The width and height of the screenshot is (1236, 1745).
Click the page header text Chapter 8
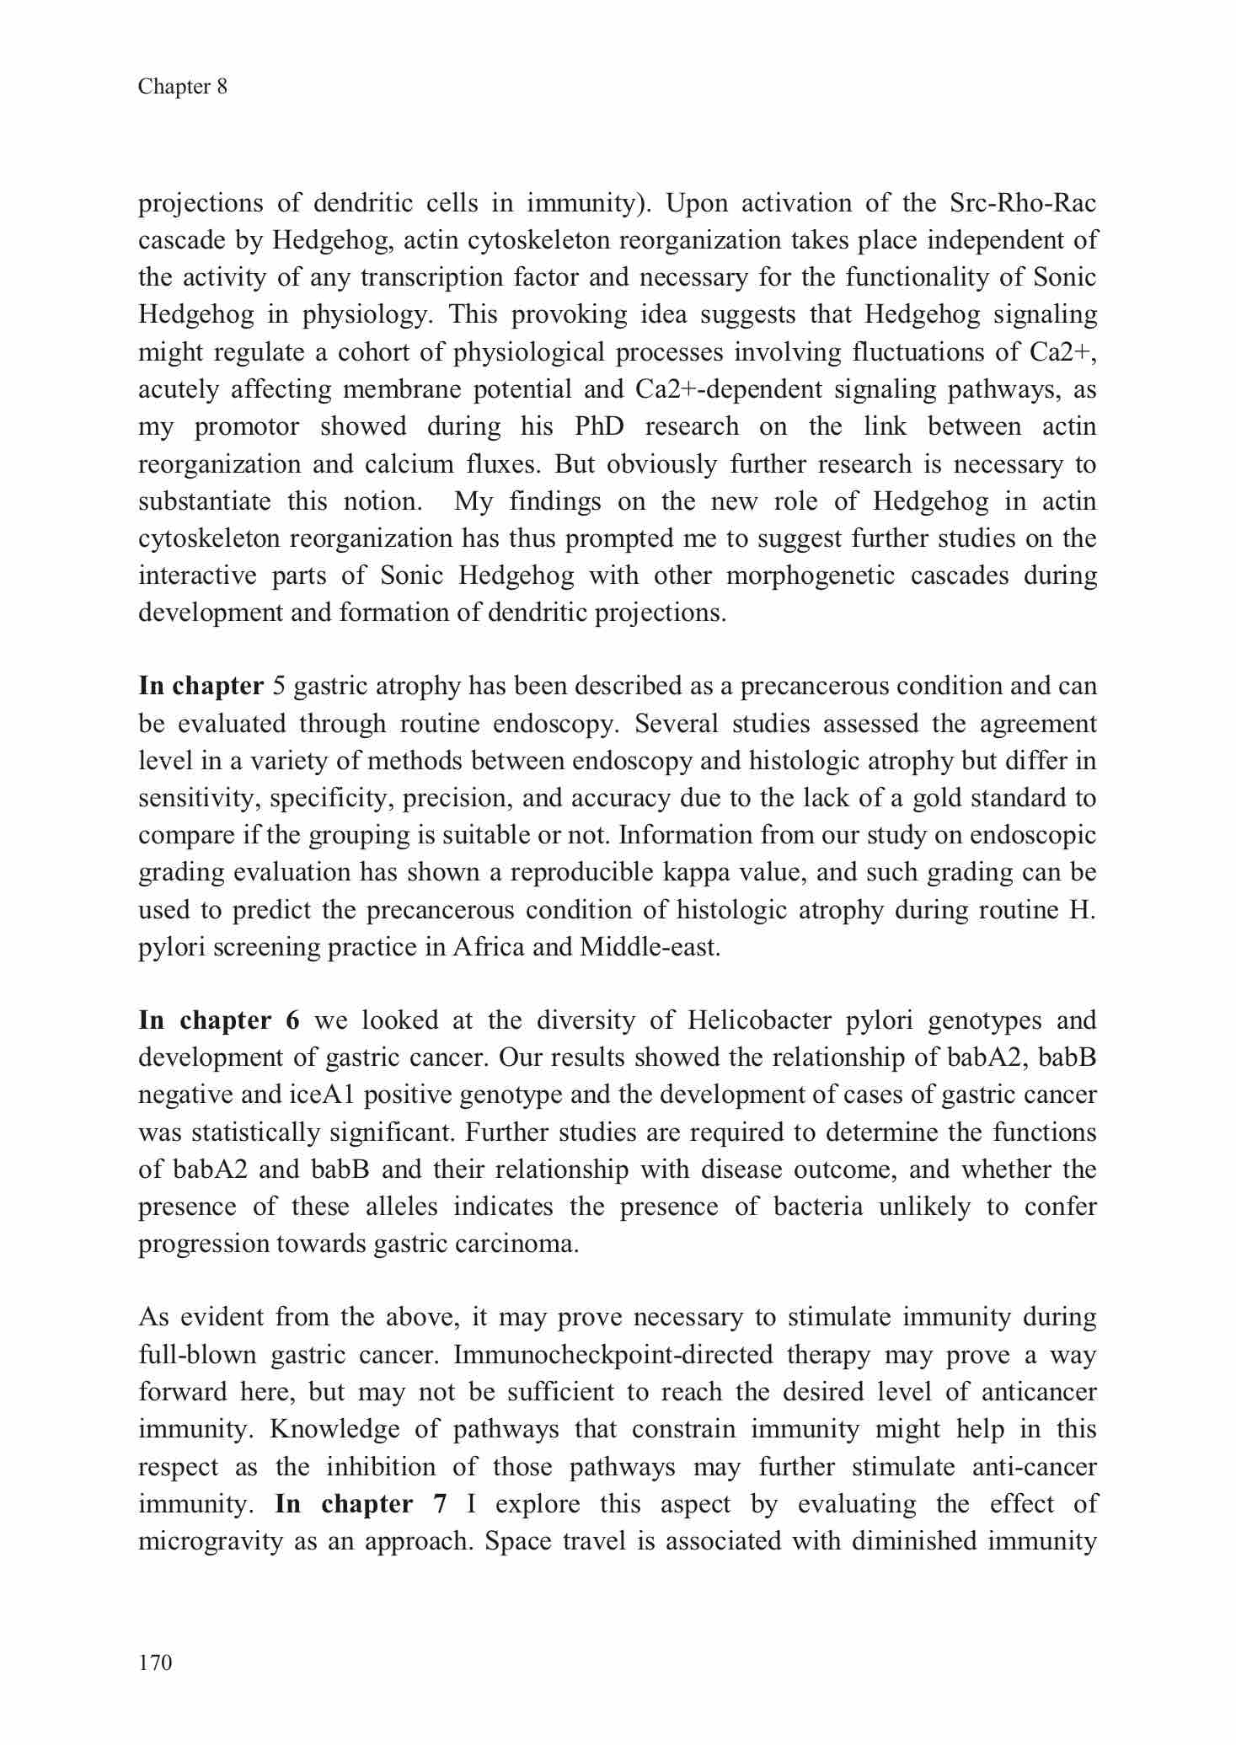[183, 87]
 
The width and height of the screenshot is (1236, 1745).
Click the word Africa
[490, 947]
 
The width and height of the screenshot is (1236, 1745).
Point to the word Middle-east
[650, 947]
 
